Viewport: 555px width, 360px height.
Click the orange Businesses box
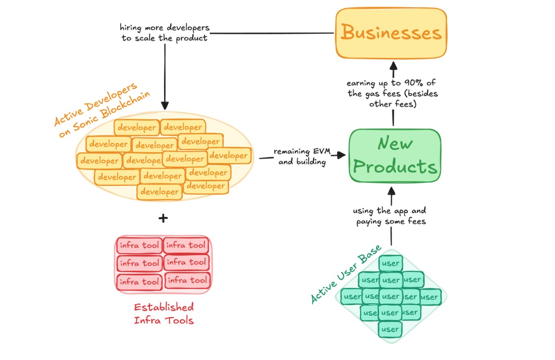tap(391, 33)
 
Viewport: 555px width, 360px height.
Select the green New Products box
tap(395, 155)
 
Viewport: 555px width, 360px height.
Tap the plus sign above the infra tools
tap(164, 218)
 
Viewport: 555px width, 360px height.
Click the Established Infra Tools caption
tap(164, 313)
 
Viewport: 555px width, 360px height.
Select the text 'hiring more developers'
tap(165, 27)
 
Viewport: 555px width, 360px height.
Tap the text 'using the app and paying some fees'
tap(390, 217)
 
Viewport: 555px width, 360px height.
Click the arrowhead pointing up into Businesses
tap(393, 64)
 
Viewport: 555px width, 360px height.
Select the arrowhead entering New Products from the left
tap(341, 155)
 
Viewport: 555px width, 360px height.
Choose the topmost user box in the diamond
tap(390, 263)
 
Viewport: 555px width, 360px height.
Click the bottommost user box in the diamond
tap(390, 329)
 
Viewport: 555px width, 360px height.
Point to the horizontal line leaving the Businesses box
tap(272, 33)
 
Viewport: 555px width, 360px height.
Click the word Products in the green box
tap(395, 167)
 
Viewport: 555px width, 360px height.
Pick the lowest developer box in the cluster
tap(160, 192)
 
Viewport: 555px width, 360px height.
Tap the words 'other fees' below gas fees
tap(392, 104)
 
